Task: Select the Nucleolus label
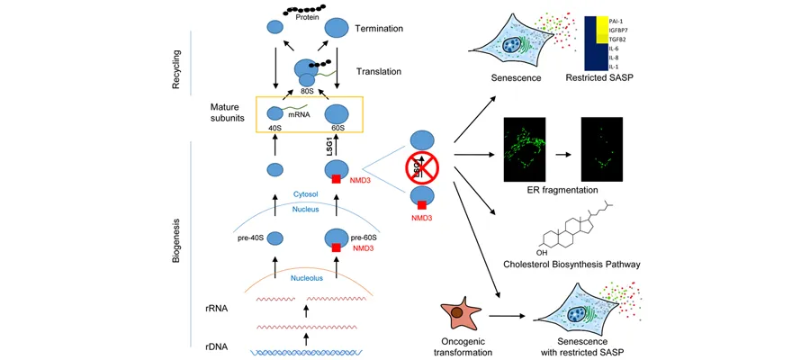click(309, 278)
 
